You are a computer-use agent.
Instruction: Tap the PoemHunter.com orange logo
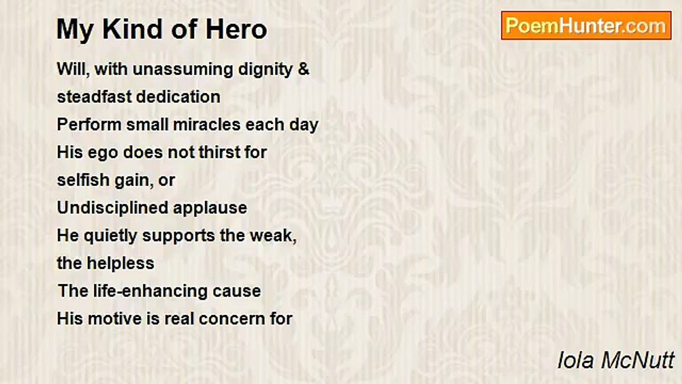(x=586, y=26)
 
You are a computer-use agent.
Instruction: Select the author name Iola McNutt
(x=615, y=360)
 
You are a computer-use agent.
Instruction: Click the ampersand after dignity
(x=304, y=69)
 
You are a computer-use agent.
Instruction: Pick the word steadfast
(x=94, y=97)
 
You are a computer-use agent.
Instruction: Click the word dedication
(x=178, y=97)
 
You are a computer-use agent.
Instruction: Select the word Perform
(x=89, y=125)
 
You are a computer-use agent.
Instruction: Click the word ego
(x=103, y=153)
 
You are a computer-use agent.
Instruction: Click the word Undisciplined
(x=112, y=209)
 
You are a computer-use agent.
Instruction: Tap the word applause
(x=210, y=209)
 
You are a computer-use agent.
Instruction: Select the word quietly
(x=110, y=236)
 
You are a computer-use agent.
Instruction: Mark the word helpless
(x=120, y=263)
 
